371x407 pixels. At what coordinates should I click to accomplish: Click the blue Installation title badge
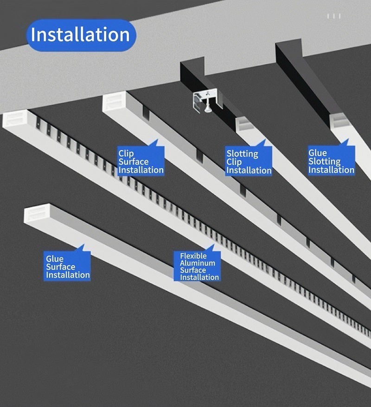tap(81, 35)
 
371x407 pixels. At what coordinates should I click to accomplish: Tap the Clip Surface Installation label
tap(141, 161)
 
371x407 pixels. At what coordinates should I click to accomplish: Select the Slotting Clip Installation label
tap(249, 161)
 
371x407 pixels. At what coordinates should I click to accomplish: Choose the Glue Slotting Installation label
tap(331, 161)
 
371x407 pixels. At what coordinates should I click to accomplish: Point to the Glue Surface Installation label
tap(67, 266)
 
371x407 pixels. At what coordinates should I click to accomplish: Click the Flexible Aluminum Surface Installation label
tap(197, 266)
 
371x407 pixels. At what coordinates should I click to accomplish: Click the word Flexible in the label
tap(193, 256)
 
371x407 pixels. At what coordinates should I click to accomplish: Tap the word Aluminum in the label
tap(198, 263)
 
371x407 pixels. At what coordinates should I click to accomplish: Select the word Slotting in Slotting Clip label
tap(242, 153)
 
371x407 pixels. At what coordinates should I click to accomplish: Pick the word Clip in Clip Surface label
tap(126, 153)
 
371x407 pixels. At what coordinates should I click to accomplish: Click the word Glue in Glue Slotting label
tap(318, 153)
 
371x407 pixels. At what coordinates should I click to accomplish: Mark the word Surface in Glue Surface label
tap(60, 267)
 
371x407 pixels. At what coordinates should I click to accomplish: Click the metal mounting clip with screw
tap(207, 101)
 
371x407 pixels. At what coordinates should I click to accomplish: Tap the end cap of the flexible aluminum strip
tap(15, 118)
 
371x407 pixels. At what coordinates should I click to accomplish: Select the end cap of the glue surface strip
tap(37, 213)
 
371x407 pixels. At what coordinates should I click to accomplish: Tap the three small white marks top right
tap(333, 16)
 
